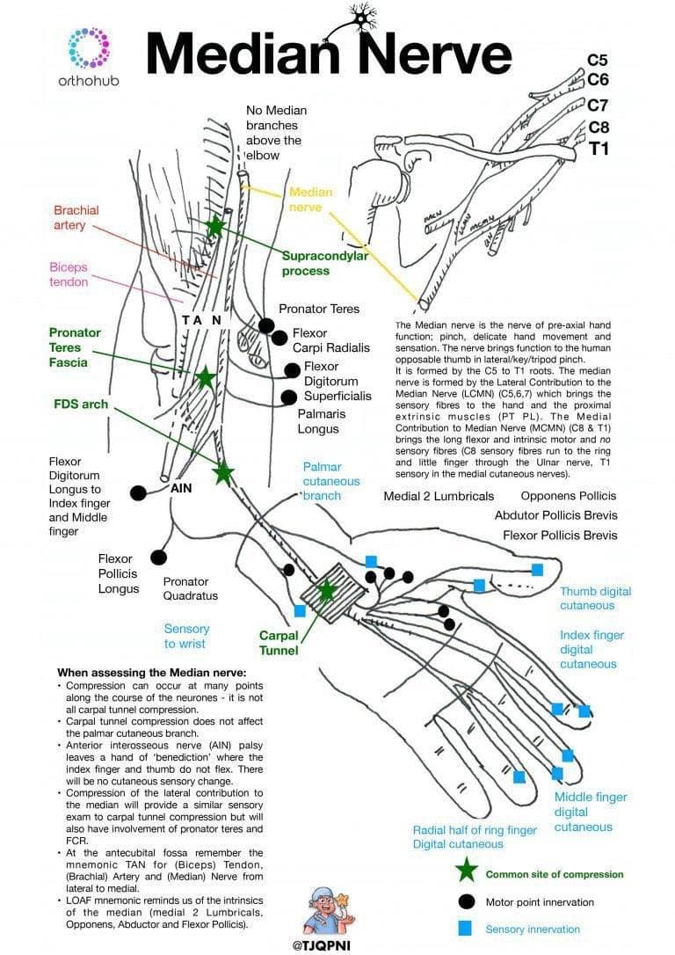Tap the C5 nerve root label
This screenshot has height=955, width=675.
pyautogui.click(x=598, y=61)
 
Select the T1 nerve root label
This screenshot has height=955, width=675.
pyautogui.click(x=599, y=149)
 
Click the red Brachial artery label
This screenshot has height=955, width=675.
pyautogui.click(x=76, y=218)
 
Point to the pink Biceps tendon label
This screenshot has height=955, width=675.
pyautogui.click(x=69, y=274)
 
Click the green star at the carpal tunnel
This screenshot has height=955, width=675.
pyautogui.click(x=327, y=590)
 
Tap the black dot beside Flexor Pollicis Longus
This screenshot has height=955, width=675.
pyautogui.click(x=159, y=557)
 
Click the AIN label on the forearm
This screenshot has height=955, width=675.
pyautogui.click(x=182, y=487)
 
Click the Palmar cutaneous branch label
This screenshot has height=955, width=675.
pyautogui.click(x=330, y=481)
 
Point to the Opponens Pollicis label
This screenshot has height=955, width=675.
pyautogui.click(x=569, y=496)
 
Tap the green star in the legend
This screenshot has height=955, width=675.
pyautogui.click(x=467, y=872)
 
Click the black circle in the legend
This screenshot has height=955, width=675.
pyautogui.click(x=467, y=901)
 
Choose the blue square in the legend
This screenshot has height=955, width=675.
pyautogui.click(x=467, y=929)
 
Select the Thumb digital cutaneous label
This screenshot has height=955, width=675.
pyautogui.click(x=595, y=598)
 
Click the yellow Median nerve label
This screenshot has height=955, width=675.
pyautogui.click(x=310, y=200)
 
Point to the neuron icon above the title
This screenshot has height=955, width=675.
pyautogui.click(x=359, y=18)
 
